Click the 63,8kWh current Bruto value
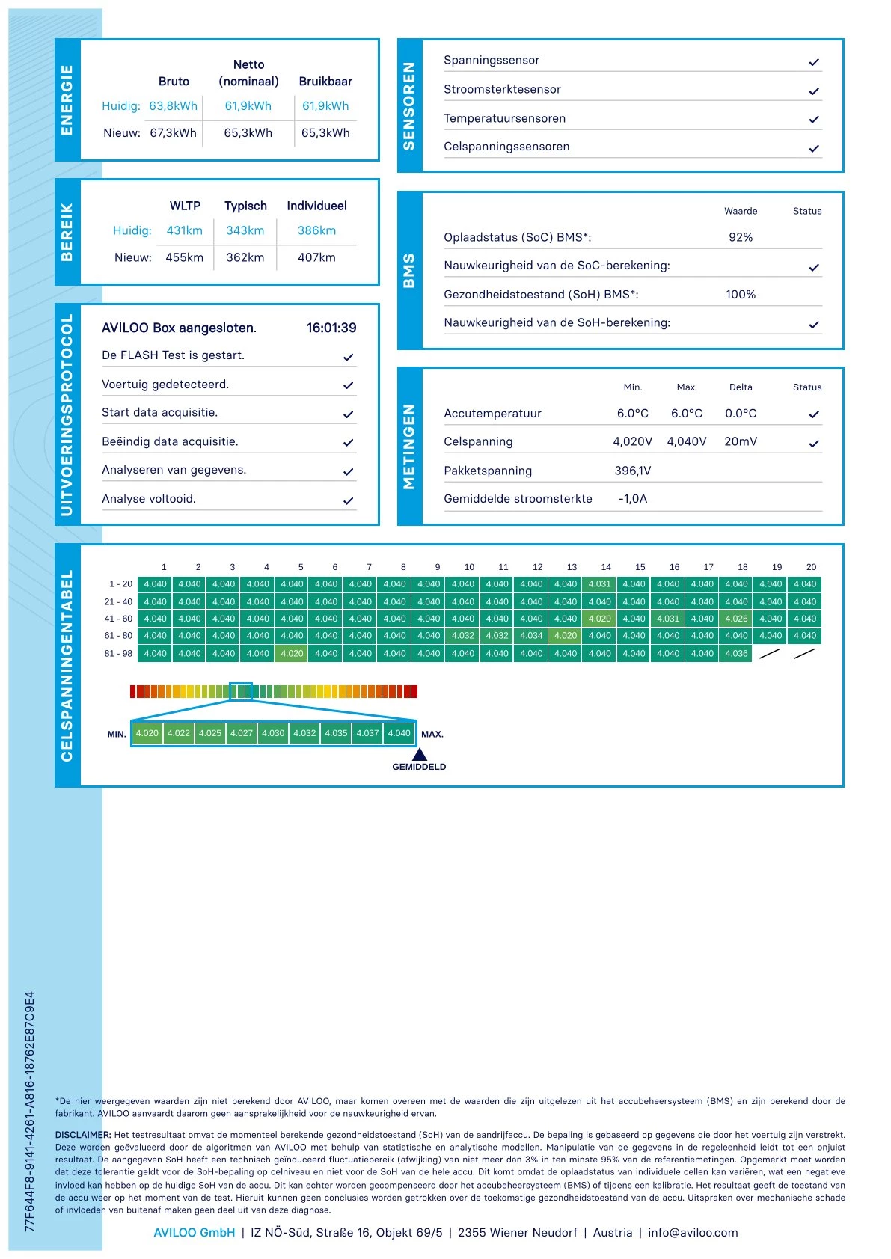tap(173, 106)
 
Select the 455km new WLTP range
tap(184, 257)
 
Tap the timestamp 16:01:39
tap(331, 328)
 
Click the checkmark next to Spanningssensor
tap(814, 62)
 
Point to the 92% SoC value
tap(741, 237)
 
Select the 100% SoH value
tap(741, 295)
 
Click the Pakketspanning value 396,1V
tap(633, 471)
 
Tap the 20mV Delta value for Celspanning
tap(741, 441)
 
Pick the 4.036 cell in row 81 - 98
tap(736, 653)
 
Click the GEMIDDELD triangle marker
tap(420, 754)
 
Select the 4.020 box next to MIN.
tap(147, 733)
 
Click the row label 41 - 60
tap(118, 619)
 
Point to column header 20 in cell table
tap(811, 567)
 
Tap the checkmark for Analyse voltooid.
tap(348, 501)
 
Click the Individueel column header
tap(316, 206)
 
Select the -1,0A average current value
tap(633, 499)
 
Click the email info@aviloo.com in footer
tap(693, 1232)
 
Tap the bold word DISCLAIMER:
tap(83, 1135)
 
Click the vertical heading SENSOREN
tap(409, 105)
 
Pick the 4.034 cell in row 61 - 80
tap(531, 636)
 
